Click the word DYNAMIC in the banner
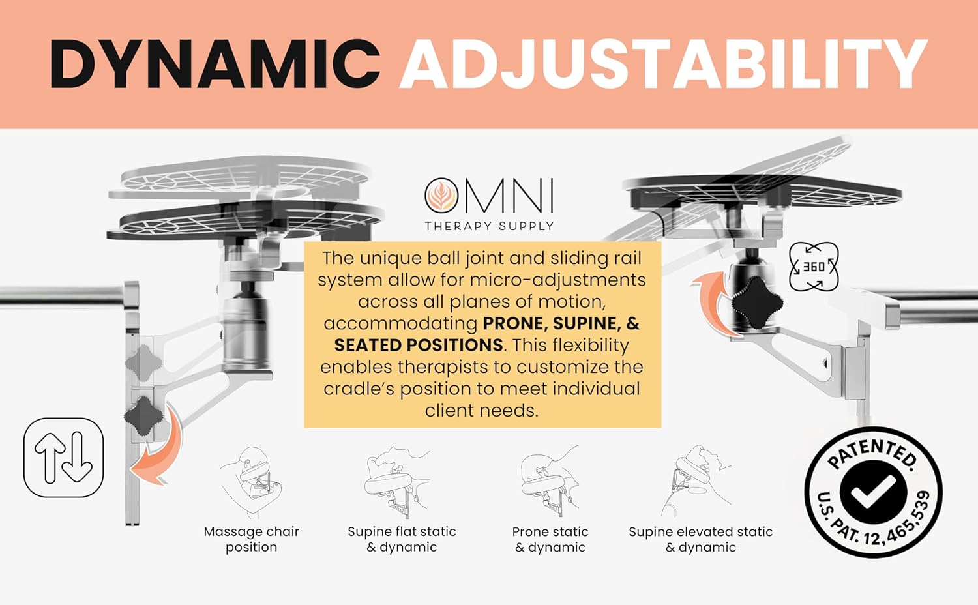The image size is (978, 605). (215, 63)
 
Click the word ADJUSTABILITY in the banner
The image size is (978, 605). (663, 63)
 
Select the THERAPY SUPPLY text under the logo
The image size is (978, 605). (489, 226)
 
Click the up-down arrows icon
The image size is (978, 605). (63, 458)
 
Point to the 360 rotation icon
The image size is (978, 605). (813, 267)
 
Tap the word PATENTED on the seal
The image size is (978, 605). (874, 453)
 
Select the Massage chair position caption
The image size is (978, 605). (251, 539)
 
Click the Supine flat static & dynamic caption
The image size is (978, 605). (402, 539)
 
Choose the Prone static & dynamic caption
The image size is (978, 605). (550, 539)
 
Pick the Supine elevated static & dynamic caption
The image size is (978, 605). (701, 539)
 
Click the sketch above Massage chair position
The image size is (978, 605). (251, 482)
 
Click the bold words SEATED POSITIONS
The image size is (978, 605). (418, 345)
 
